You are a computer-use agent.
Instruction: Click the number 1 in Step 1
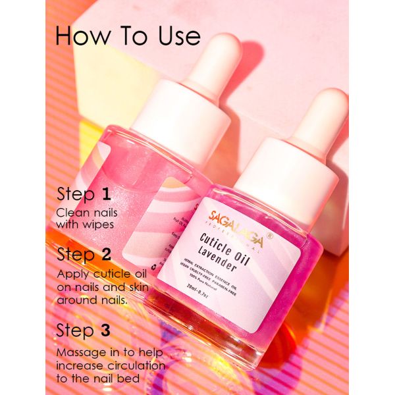click(x=105, y=194)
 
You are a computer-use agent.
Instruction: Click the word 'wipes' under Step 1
click(x=97, y=224)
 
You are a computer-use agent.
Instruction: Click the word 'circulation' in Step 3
click(x=136, y=365)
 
